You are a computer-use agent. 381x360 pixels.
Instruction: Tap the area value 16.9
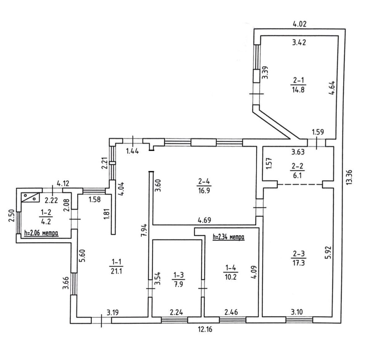coord(203,190)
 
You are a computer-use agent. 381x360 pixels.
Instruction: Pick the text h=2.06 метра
coord(41,233)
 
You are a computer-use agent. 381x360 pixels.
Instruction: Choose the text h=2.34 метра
coord(228,237)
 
